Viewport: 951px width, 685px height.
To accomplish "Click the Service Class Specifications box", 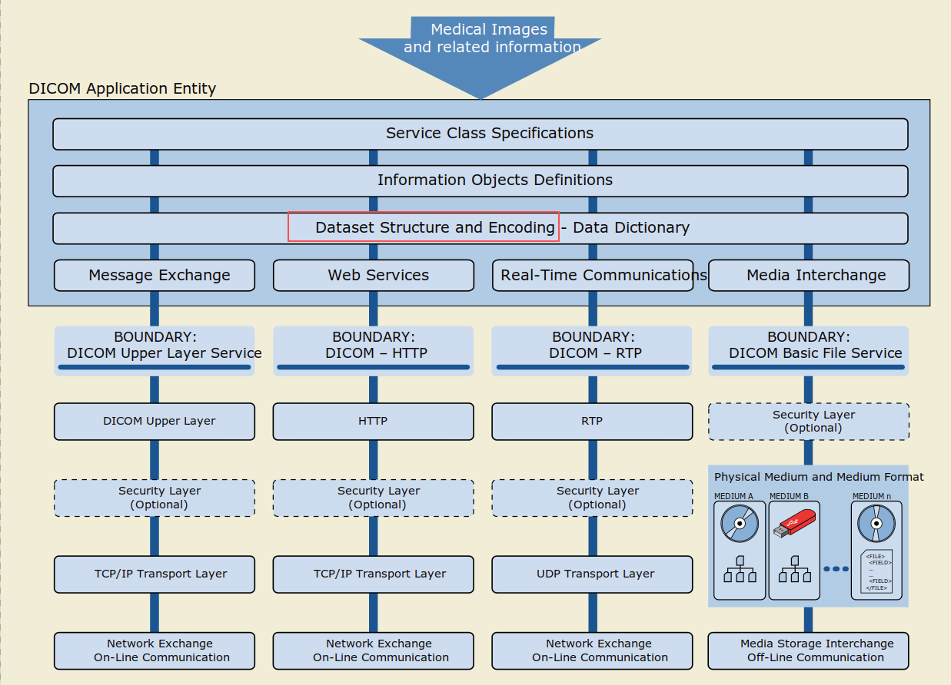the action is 480,134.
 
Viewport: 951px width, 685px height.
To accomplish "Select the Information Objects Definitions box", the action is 480,181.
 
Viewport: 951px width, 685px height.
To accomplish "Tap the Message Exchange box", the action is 155,275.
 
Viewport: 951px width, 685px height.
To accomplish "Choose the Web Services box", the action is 374,275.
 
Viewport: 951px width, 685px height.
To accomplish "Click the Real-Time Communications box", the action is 593,275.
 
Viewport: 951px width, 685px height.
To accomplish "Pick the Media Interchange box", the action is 809,275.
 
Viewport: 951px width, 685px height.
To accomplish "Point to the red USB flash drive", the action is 794,524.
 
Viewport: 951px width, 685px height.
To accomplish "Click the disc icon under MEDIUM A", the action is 740,524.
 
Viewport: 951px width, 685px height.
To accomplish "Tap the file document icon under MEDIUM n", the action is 876,571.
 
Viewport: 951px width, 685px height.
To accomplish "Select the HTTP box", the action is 373,422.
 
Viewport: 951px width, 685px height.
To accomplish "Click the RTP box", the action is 592,422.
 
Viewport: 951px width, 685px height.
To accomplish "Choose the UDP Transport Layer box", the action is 592,574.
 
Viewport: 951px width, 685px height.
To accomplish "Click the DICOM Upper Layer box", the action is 155,422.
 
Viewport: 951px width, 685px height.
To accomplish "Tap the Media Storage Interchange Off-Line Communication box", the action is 808,651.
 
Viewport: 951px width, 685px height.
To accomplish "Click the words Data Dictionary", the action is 631,228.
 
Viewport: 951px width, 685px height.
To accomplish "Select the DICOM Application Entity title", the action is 122,88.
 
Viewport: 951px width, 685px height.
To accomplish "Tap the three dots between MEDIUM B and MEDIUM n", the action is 836,569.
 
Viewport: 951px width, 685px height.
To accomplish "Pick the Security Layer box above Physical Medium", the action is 809,422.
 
